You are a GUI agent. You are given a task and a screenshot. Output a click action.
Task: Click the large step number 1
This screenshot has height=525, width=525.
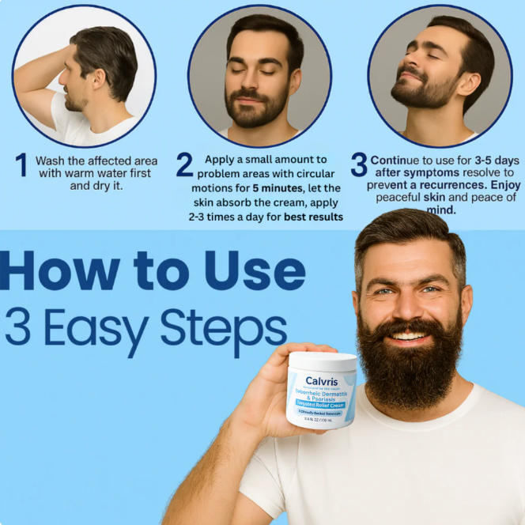click(21, 165)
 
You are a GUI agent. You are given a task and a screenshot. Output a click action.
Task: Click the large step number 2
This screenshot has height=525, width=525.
click(184, 165)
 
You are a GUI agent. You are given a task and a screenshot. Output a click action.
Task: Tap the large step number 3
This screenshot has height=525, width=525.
click(359, 165)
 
